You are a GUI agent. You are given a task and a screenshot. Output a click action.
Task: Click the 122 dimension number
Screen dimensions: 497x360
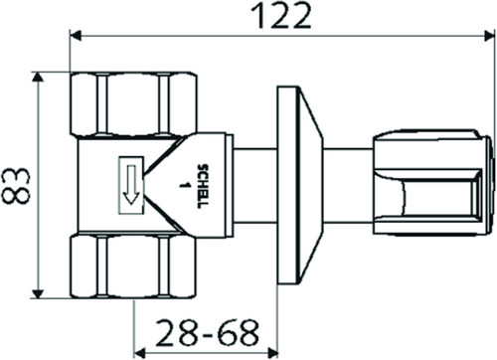(x=280, y=15)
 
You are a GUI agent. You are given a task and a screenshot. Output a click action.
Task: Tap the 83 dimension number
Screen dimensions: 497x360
(x=16, y=185)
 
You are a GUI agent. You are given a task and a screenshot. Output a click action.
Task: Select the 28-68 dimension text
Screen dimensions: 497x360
(x=207, y=332)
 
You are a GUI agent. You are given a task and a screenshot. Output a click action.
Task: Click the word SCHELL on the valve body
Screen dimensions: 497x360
(x=203, y=186)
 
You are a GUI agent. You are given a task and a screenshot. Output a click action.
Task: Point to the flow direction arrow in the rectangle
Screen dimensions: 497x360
(x=131, y=184)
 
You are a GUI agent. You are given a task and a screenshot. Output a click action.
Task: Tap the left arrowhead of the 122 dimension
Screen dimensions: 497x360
(x=77, y=35)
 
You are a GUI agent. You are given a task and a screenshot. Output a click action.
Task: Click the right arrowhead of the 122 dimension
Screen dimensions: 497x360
(x=489, y=35)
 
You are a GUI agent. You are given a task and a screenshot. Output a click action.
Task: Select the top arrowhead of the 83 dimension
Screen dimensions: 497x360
(x=38, y=78)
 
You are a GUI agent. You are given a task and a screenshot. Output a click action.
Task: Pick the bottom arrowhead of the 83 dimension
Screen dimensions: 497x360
(x=38, y=293)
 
